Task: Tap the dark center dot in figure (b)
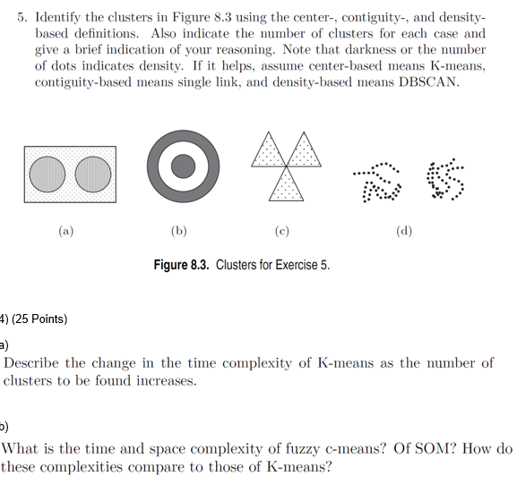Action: click(x=183, y=166)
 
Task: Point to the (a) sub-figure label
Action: click(x=66, y=230)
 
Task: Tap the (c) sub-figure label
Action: click(x=284, y=230)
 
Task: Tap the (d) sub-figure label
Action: click(x=404, y=230)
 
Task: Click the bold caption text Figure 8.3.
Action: click(x=182, y=266)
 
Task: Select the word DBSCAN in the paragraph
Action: click(x=429, y=81)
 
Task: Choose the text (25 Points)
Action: click(x=39, y=319)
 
